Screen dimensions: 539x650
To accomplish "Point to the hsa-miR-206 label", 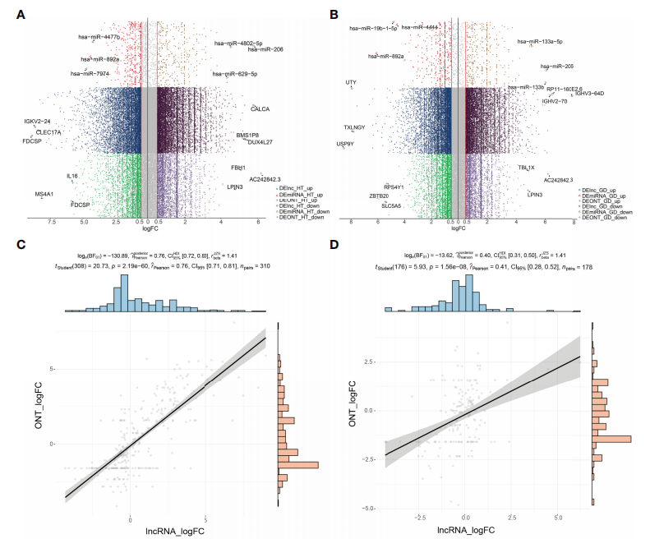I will (x=266, y=49).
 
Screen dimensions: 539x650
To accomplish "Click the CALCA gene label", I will (x=260, y=108).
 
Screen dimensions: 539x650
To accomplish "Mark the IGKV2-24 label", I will (x=37, y=122).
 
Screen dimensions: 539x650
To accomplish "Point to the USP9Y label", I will (x=345, y=144).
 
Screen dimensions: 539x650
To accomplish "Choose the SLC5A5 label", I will (x=391, y=205).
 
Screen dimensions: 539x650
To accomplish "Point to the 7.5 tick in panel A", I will (x=52, y=222).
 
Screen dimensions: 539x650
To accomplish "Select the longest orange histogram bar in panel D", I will (x=612, y=440).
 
